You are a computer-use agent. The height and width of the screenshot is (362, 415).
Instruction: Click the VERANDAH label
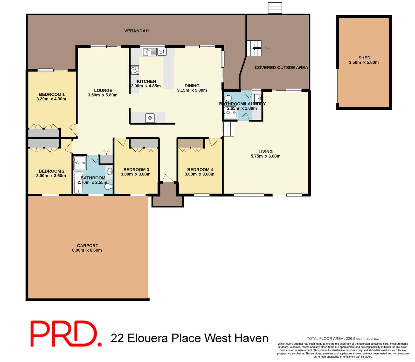[x=136, y=31]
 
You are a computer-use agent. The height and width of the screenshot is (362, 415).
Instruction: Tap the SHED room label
[x=364, y=58]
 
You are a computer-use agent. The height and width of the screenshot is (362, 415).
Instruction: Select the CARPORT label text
[x=87, y=245]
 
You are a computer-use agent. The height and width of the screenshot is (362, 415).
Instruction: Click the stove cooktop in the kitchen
[x=135, y=70]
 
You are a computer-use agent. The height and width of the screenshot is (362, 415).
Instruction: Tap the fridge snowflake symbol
[x=150, y=118]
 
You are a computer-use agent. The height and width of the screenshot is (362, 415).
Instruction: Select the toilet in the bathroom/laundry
[x=229, y=98]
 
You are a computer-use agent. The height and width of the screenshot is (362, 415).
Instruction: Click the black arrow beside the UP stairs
[x=257, y=48]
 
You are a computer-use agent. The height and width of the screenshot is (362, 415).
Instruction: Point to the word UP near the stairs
[x=267, y=48]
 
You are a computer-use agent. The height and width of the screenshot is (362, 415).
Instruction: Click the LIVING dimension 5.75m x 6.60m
[x=265, y=156]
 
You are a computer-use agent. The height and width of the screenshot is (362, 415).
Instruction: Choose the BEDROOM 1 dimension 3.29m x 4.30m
[x=51, y=99]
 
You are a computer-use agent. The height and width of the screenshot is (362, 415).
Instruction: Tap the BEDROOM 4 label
[x=200, y=169]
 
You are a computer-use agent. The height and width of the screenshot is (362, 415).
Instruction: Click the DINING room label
[x=192, y=86]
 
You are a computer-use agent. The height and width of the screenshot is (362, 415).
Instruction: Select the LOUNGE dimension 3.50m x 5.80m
[x=103, y=95]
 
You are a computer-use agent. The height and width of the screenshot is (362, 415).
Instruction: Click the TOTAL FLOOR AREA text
[x=343, y=338]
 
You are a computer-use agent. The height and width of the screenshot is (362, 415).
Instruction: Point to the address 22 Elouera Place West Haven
[x=189, y=338]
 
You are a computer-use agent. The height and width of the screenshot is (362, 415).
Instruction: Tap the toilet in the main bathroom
[x=108, y=186]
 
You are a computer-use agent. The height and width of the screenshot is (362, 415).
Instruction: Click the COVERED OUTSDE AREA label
[x=281, y=67]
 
